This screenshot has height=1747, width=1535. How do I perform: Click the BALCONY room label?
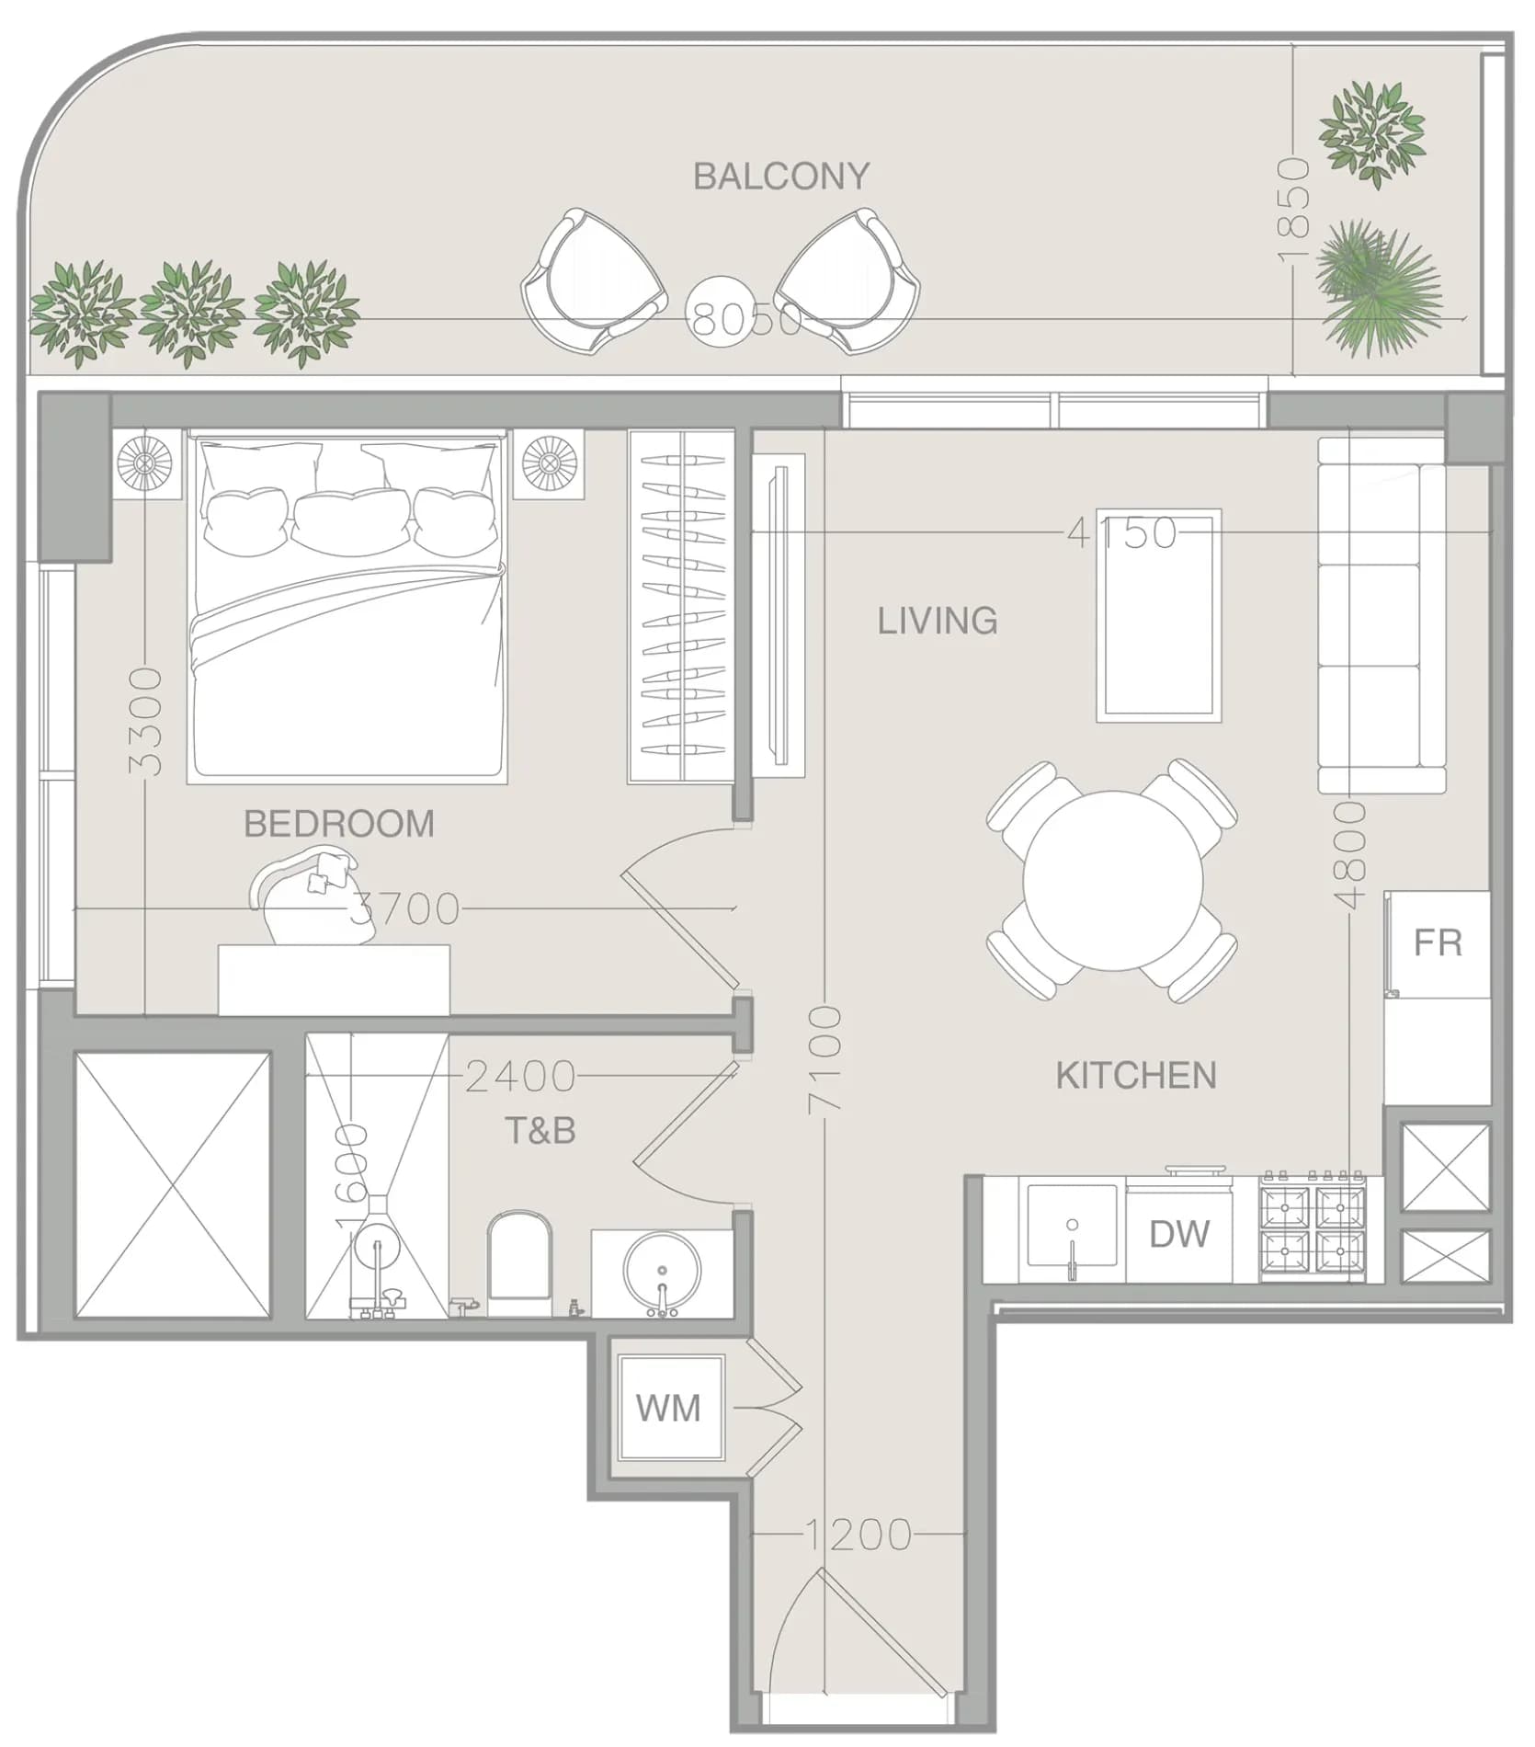point(781,176)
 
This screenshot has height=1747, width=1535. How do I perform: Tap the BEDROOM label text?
point(339,824)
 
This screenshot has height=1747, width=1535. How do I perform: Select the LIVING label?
point(938,622)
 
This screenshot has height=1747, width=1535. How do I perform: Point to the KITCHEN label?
point(1136,1076)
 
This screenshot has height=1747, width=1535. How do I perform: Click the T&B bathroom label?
point(540,1130)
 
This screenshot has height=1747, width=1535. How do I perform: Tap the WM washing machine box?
point(668,1408)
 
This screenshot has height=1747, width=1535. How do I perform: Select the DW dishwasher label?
point(1179,1234)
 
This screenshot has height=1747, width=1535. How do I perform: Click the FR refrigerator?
point(1437,943)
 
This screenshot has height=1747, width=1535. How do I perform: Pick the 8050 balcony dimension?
point(746,321)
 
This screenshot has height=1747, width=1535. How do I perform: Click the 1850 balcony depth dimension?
point(1293,211)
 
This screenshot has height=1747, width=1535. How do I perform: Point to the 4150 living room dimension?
point(1121,532)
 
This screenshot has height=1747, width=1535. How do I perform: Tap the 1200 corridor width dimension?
point(858,1535)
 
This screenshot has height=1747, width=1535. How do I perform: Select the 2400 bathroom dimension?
point(520,1076)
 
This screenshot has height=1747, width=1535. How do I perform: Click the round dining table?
point(1112,880)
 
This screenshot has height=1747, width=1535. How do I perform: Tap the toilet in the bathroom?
point(519,1264)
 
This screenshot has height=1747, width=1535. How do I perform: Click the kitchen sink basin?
point(1072,1232)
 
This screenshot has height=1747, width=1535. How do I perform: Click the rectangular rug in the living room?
point(1159,615)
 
